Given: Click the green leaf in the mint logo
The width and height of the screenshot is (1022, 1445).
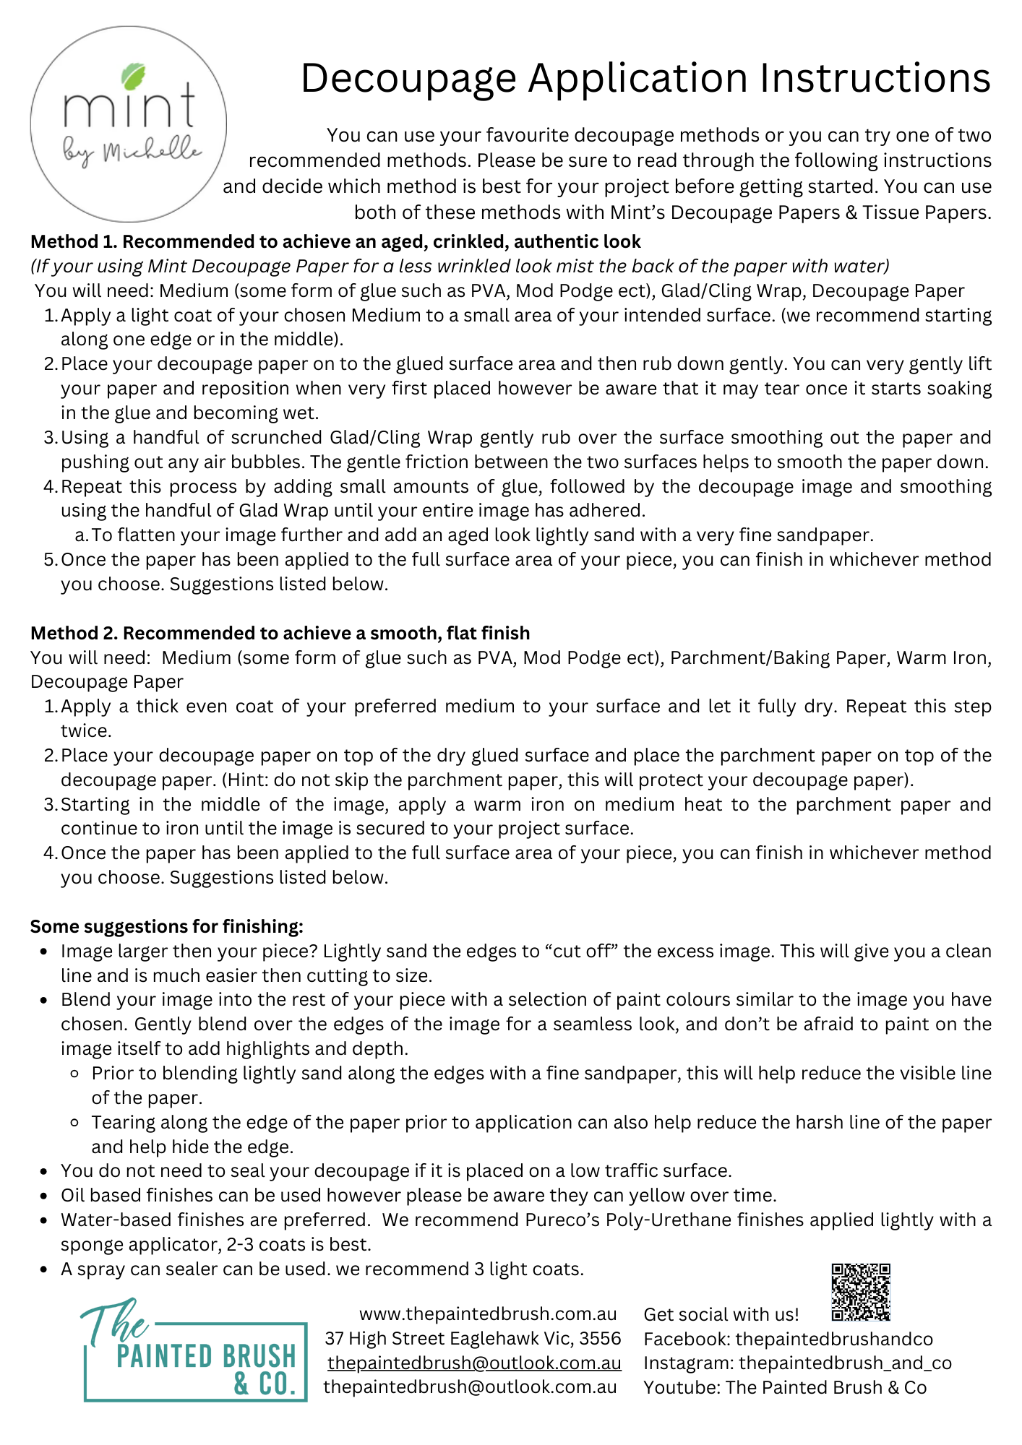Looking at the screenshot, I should (x=134, y=76).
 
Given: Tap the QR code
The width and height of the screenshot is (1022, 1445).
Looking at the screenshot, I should (x=860, y=1292).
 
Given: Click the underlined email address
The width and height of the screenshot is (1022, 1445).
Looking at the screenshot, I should (x=474, y=1363).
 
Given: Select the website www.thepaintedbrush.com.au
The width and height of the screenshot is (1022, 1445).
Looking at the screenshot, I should (x=488, y=1314).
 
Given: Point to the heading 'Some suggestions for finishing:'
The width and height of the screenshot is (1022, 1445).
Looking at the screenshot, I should (x=167, y=926).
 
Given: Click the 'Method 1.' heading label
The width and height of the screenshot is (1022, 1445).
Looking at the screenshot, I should (x=74, y=241).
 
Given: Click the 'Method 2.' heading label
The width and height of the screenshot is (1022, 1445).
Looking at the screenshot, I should (x=74, y=633).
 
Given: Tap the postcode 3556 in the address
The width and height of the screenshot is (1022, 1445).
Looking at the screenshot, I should (x=600, y=1338).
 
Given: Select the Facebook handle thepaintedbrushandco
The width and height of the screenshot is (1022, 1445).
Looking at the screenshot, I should (x=834, y=1339).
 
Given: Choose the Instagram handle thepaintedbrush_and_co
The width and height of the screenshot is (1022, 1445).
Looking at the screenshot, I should (x=845, y=1363).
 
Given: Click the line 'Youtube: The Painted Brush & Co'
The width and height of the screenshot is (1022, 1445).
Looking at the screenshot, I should (x=785, y=1387).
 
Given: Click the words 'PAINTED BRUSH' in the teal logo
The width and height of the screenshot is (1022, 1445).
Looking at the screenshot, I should (x=206, y=1356).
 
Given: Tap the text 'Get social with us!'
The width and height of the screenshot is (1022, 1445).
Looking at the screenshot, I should (x=721, y=1314).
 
